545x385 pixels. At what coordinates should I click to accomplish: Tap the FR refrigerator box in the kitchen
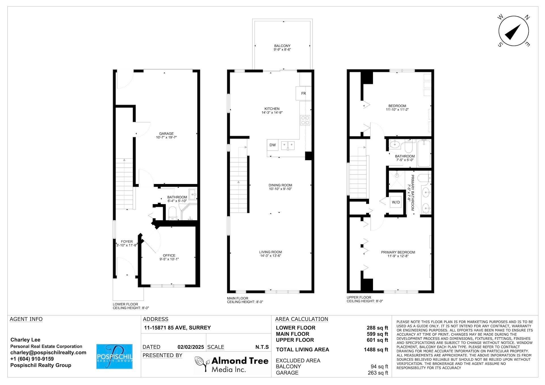[303, 93]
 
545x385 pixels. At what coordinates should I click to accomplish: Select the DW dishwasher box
[272, 145]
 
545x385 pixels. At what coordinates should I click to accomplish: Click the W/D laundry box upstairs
[396, 202]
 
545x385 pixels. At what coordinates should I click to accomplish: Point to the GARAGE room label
[166, 134]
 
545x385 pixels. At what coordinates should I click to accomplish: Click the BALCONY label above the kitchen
[282, 46]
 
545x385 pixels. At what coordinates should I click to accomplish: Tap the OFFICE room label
[169, 255]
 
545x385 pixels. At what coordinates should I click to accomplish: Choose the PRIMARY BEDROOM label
[398, 252]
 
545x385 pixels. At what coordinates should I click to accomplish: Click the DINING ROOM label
[280, 185]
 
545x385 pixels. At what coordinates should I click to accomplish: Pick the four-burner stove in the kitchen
[305, 120]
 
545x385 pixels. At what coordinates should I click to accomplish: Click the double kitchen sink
[288, 146]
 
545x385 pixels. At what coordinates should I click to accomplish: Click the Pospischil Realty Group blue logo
[114, 356]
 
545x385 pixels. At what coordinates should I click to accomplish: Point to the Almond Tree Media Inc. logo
[232, 364]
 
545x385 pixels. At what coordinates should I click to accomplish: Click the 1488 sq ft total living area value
[376, 350]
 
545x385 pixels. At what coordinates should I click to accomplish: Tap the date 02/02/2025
[191, 347]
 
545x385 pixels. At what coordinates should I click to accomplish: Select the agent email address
[48, 353]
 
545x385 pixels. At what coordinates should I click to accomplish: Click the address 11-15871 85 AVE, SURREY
[177, 328]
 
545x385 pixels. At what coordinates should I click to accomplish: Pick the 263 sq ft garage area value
[378, 373]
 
